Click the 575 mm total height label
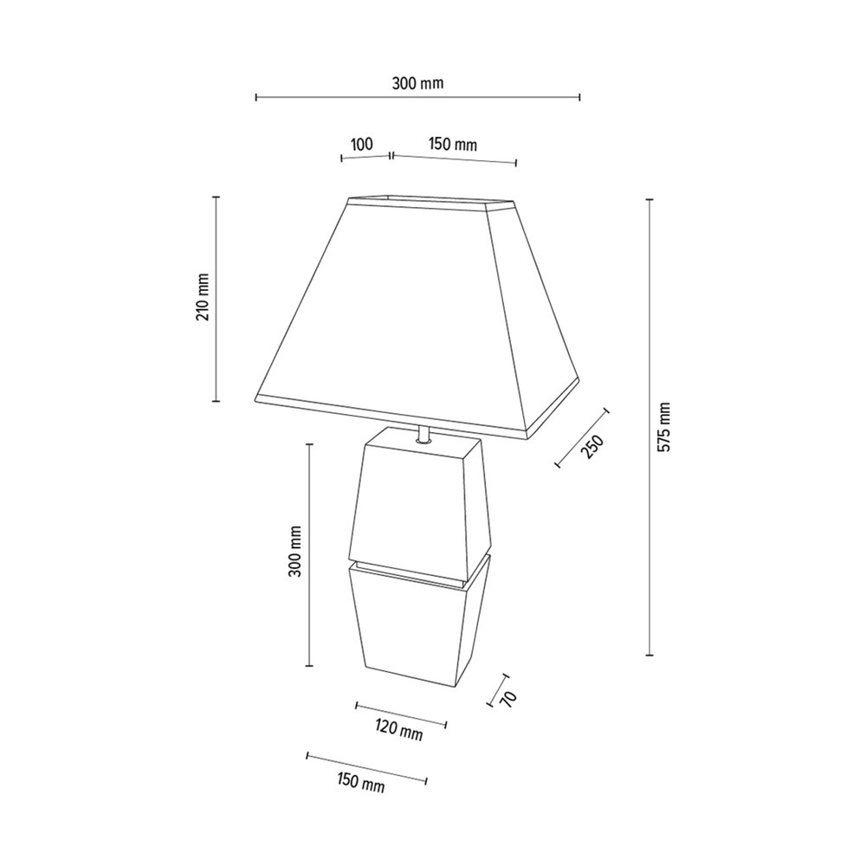click(x=664, y=428)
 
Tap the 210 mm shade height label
click(x=203, y=298)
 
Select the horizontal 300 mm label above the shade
click(x=417, y=84)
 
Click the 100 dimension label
click(x=362, y=144)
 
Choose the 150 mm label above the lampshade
click(x=453, y=145)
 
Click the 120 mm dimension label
click(x=400, y=731)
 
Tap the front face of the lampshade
click(x=390, y=312)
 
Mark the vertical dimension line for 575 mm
click(x=649, y=428)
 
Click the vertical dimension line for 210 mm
click(x=216, y=299)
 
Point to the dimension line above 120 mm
click(x=401, y=714)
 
